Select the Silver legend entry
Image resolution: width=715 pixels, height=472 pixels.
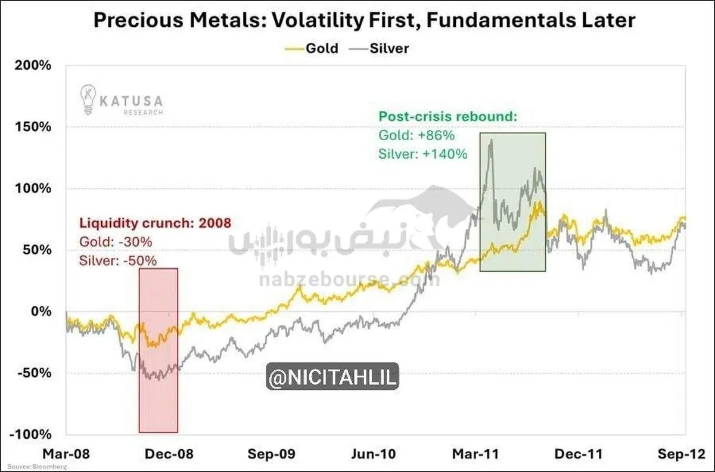tap(389, 48)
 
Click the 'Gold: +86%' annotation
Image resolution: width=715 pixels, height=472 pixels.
tap(412, 135)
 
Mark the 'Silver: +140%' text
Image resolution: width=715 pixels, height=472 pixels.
tap(423, 154)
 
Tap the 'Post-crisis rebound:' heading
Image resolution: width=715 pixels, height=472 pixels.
tap(447, 117)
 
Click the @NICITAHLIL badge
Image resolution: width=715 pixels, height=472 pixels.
tap(332, 378)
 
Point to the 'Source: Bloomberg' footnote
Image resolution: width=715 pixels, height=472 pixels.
tap(37, 466)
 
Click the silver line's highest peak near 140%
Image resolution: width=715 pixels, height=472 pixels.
tap(491, 141)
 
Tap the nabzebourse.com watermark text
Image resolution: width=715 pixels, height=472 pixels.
tap(349, 278)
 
